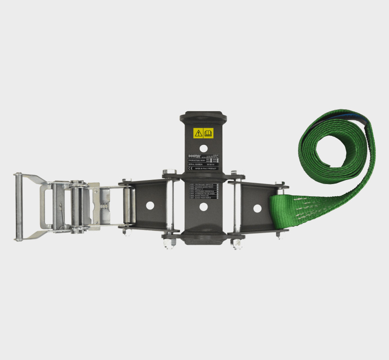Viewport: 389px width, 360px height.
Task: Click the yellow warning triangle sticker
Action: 199,133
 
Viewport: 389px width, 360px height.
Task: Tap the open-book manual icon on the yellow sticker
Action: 208,133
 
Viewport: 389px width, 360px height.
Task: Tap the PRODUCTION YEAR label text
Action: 197,160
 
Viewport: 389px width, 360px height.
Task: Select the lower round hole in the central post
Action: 203,207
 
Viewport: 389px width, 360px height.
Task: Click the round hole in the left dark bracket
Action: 149,205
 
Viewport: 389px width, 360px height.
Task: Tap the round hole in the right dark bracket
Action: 257,208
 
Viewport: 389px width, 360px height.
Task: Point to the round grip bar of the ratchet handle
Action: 18,207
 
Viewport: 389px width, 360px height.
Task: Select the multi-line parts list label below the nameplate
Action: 203,191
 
